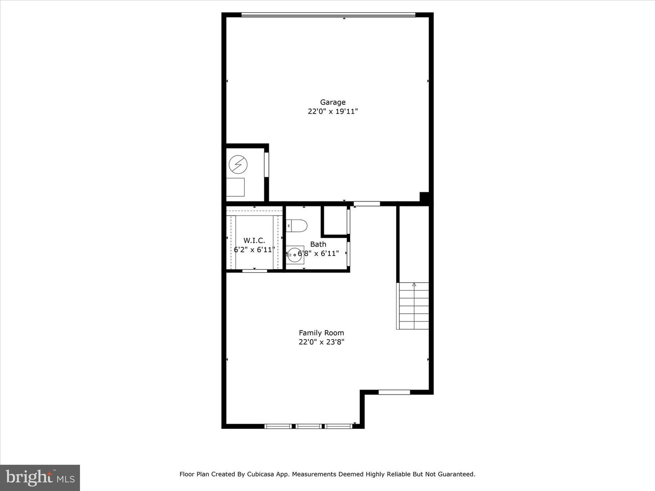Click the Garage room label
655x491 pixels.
click(x=333, y=102)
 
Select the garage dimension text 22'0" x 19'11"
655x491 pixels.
click(x=333, y=111)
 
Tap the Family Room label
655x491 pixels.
click(x=321, y=333)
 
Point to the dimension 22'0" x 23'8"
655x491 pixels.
click(x=321, y=342)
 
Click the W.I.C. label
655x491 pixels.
click(x=254, y=240)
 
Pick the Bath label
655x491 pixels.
click(x=318, y=244)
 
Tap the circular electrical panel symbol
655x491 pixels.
click(x=238, y=165)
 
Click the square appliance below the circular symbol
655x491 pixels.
click(x=235, y=187)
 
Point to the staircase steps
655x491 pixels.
click(x=413, y=307)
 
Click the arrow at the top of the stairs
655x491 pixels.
click(x=414, y=285)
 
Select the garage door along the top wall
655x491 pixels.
click(x=328, y=15)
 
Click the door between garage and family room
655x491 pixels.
click(x=367, y=204)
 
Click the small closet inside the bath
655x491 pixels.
click(x=335, y=221)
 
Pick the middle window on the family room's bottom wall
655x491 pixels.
click(x=308, y=426)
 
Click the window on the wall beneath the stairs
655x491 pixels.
click(x=394, y=392)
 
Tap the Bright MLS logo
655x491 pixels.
click(x=40, y=477)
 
